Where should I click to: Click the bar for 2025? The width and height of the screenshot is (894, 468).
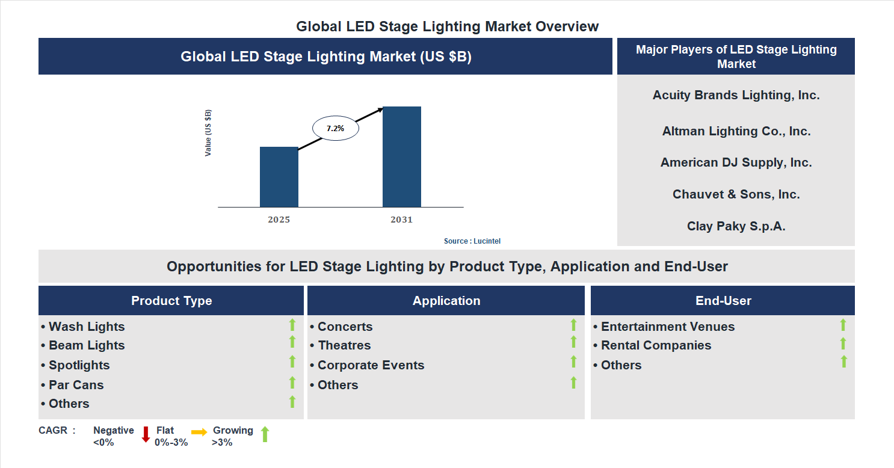pyautogui.click(x=279, y=177)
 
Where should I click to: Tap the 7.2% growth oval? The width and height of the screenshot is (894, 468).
pyautogui.click(x=335, y=128)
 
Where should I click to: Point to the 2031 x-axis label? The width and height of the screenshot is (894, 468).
pyautogui.click(x=401, y=220)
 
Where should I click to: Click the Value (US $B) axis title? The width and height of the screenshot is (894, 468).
pyautogui.click(x=208, y=133)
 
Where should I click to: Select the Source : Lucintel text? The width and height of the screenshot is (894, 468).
pyautogui.click(x=472, y=241)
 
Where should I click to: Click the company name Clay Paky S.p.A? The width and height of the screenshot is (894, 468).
pyautogui.click(x=736, y=226)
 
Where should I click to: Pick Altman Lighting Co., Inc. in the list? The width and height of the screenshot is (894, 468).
pyautogui.click(x=736, y=131)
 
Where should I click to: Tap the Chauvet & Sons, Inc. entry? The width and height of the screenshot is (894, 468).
pyautogui.click(x=736, y=194)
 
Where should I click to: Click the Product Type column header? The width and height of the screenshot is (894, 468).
pyautogui.click(x=171, y=301)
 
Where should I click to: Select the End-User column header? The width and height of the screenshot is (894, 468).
pyautogui.click(x=723, y=301)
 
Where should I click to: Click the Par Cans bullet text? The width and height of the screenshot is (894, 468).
pyautogui.click(x=76, y=385)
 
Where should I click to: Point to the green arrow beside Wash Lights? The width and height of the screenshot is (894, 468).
pyautogui.click(x=292, y=325)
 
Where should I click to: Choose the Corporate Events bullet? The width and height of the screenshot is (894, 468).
pyautogui.click(x=371, y=365)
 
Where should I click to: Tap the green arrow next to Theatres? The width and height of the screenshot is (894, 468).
pyautogui.click(x=573, y=342)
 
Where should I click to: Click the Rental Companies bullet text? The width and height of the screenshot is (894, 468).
pyautogui.click(x=656, y=345)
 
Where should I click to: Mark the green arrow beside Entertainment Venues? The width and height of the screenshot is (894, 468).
pyautogui.click(x=843, y=325)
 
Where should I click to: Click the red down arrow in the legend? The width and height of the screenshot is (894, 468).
pyautogui.click(x=146, y=434)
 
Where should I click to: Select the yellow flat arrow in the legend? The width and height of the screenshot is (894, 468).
pyautogui.click(x=199, y=432)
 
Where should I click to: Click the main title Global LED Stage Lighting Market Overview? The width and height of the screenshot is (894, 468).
pyautogui.click(x=447, y=26)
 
